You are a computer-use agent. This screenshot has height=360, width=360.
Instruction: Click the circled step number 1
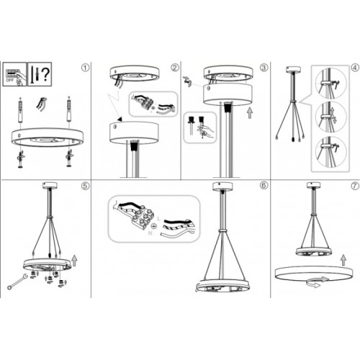point(86,69)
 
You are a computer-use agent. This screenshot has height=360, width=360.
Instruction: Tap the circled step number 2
point(174,69)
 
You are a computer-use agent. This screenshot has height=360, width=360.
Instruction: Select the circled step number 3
point(264,69)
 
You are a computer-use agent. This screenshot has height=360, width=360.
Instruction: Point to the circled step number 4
point(354,69)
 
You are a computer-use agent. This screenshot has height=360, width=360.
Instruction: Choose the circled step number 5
point(86,186)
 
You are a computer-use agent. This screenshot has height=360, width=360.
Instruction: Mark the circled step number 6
point(264,186)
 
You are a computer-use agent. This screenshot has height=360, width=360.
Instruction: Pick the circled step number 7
point(354,186)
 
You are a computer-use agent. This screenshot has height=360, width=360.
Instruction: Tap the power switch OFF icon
point(12,73)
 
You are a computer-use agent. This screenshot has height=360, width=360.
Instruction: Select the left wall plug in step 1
point(21,111)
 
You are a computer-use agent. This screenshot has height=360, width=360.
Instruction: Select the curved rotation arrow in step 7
point(312,284)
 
